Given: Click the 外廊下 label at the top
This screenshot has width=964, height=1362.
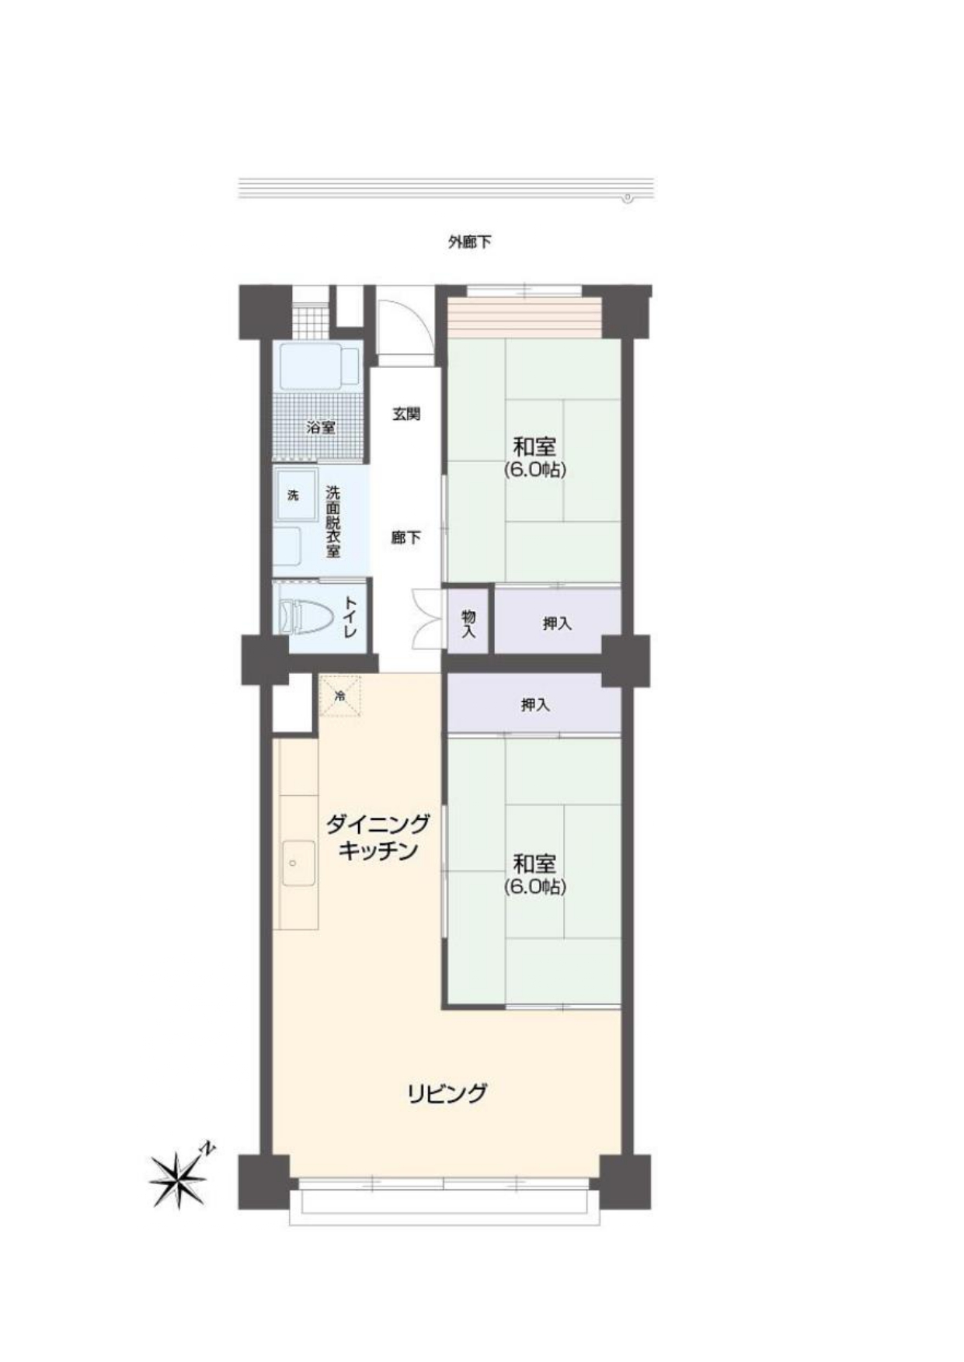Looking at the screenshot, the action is click(470, 241).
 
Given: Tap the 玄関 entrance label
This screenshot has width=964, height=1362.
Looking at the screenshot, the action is click(405, 414).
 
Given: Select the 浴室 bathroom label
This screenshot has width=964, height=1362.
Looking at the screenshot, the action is click(321, 427).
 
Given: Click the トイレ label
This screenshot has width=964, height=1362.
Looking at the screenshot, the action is click(350, 617).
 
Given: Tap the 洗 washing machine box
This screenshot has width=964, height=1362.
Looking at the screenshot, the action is click(295, 495).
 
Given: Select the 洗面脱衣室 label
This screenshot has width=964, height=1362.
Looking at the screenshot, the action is click(332, 522).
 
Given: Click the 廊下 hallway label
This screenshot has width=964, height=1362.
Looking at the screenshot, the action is click(405, 537).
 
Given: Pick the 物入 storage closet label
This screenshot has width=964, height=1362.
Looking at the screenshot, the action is click(468, 624).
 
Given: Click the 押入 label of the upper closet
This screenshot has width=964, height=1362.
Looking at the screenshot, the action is click(557, 623).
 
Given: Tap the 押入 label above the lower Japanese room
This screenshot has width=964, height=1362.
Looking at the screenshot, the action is click(535, 705).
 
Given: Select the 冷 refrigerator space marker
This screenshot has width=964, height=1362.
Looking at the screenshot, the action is click(339, 697).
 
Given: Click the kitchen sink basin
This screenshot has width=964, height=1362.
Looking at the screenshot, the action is click(299, 863).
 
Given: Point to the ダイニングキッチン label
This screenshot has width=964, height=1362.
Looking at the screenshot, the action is click(378, 837).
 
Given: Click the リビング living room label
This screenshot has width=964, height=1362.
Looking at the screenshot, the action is click(447, 1093).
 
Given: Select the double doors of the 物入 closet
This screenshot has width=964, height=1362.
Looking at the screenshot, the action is click(427, 619).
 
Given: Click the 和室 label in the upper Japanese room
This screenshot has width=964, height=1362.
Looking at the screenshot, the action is click(534, 447).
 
